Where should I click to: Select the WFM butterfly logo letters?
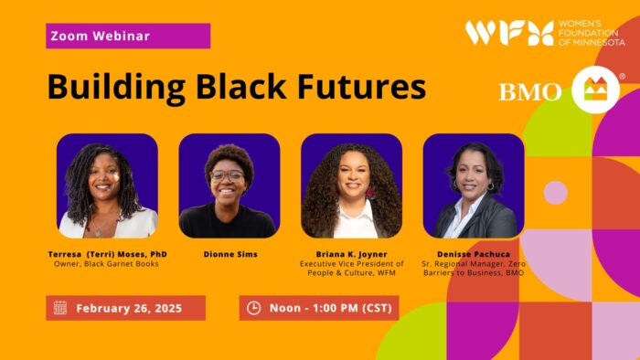(x=508, y=33)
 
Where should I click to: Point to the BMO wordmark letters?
(x=531, y=91)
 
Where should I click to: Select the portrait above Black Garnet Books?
(x=107, y=186)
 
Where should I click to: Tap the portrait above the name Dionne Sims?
(x=229, y=186)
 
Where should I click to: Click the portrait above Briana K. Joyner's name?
(x=351, y=186)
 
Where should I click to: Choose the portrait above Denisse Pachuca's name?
(x=474, y=186)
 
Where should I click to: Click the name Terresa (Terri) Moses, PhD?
(x=108, y=254)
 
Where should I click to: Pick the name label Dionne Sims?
(x=229, y=254)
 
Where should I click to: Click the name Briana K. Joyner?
(x=351, y=254)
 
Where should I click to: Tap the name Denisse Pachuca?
(x=474, y=254)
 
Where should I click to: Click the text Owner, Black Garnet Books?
(x=108, y=264)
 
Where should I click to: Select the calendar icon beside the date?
(x=60, y=308)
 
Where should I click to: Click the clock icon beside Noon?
(x=254, y=308)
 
